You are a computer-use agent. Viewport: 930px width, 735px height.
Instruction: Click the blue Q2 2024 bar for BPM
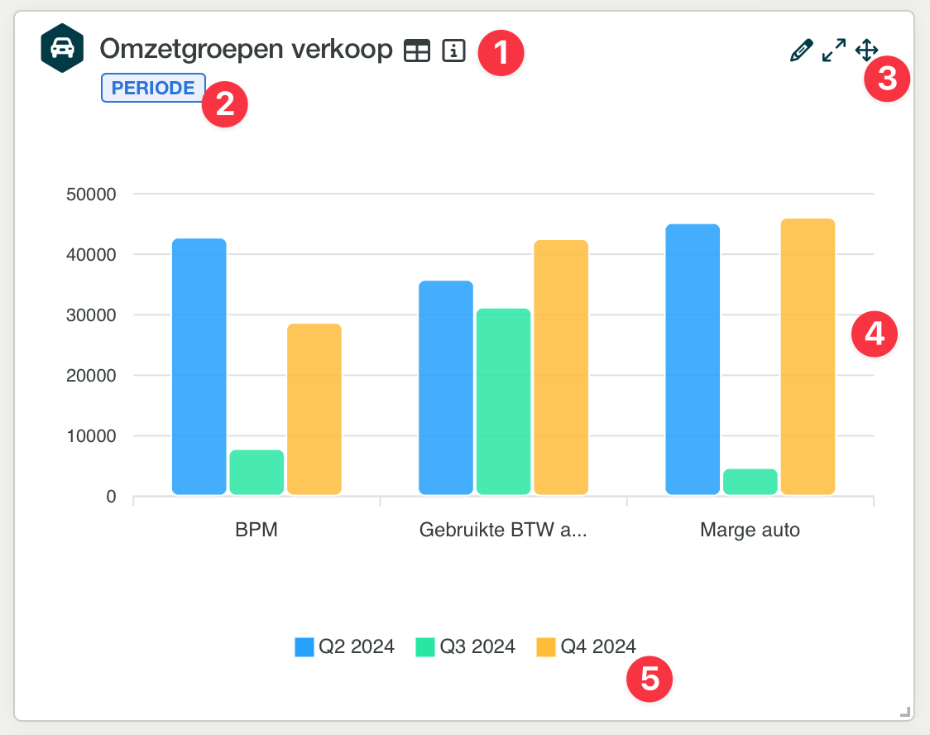(199, 367)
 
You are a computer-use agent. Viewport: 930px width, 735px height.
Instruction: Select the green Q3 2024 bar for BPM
(256, 473)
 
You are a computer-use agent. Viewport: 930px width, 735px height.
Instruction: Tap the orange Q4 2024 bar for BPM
(314, 409)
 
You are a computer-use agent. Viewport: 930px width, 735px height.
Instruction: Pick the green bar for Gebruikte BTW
(503, 401)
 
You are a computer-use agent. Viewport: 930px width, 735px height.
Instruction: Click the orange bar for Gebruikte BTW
(561, 367)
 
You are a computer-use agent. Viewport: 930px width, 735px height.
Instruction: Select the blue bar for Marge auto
(693, 359)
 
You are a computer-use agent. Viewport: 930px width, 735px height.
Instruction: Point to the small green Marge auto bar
(750, 482)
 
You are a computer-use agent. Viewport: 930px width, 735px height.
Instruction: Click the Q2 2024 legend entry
(345, 646)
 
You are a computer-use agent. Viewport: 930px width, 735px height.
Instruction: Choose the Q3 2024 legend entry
(466, 646)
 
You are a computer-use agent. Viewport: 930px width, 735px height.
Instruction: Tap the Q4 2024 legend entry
(587, 646)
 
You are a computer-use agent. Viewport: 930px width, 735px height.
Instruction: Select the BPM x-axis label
(256, 530)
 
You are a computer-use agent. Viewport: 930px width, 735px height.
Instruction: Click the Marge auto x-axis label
(750, 530)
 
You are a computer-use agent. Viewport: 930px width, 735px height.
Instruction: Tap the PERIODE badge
(153, 88)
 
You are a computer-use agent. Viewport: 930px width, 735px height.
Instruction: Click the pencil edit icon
(801, 51)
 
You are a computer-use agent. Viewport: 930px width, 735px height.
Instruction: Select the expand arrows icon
(833, 50)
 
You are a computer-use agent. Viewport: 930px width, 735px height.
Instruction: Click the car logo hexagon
(62, 48)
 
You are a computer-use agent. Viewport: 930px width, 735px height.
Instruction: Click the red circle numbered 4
(875, 334)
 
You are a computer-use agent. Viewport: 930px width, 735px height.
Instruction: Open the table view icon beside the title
(417, 51)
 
